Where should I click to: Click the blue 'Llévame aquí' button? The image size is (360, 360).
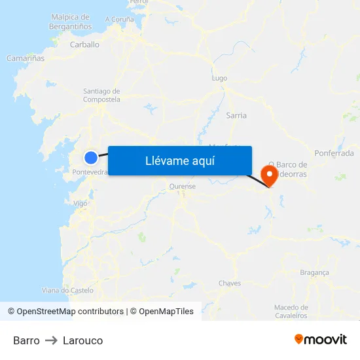[180, 160]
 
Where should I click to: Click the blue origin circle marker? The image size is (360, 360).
[91, 157]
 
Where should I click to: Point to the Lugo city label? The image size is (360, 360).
[219, 78]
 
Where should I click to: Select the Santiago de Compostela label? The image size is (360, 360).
[101, 96]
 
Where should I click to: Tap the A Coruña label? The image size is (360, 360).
[119, 20]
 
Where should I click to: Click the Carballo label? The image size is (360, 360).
[84, 45]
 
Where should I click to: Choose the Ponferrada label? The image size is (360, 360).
[334, 153]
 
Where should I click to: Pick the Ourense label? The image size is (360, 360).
[183, 187]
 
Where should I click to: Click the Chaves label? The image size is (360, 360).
[230, 283]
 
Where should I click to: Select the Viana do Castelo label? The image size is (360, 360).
[67, 290]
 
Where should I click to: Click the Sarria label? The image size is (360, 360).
[236, 115]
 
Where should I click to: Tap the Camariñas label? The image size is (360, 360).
[26, 58]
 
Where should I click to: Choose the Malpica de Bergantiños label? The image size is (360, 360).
[69, 22]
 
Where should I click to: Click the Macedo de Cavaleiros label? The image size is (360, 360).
[291, 312]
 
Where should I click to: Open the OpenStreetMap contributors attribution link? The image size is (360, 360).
[70, 312]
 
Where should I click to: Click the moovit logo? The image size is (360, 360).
[321, 339]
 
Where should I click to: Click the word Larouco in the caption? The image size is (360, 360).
[82, 340]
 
